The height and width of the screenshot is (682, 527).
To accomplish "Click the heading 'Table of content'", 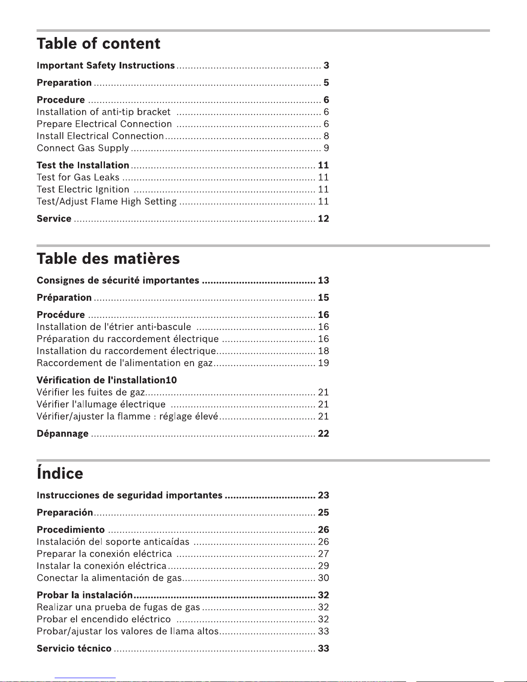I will point(99,43).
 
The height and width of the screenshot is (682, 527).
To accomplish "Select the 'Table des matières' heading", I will point(108,259).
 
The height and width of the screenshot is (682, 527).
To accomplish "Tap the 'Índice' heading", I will point(60,473).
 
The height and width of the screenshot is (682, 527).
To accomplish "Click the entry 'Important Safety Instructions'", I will point(106,65).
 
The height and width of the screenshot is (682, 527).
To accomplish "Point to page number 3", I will point(327,65).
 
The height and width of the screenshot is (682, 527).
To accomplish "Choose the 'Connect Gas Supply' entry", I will point(83,148).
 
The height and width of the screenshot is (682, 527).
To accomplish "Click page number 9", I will point(327,148).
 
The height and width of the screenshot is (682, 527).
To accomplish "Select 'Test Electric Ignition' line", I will point(83,189).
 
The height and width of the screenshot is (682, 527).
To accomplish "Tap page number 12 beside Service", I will point(324,219).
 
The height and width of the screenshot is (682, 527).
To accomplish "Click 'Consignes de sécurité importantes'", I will point(118,281).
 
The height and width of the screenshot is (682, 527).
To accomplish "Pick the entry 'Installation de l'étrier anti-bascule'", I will point(114,327).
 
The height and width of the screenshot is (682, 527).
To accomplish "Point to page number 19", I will point(324,363).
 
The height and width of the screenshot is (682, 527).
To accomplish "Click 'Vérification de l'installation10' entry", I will point(107,380).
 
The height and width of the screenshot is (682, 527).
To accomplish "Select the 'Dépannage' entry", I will point(63,434).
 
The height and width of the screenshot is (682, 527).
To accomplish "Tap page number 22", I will point(324,434).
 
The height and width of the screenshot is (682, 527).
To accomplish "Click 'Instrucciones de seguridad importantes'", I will point(129,495).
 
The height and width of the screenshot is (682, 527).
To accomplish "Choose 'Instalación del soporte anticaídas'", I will point(113,542).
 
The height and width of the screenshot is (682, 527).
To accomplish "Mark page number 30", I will point(324,578).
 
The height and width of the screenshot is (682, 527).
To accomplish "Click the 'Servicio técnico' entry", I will point(74,648).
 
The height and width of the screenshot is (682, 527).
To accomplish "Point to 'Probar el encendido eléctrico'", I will point(104,619).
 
